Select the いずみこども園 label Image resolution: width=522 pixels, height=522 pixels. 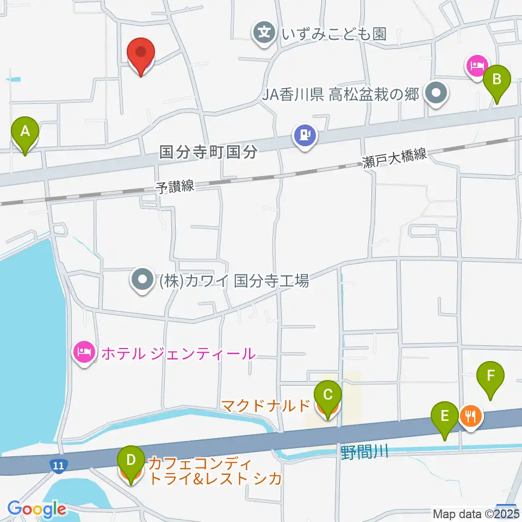[x=334, y=34]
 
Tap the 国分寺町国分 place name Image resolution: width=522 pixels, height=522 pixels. [x=208, y=152]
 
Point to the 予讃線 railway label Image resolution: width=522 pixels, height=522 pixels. [x=175, y=187]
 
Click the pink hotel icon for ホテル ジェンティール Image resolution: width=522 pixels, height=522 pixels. [x=83, y=353]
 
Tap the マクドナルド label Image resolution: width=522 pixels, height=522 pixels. [x=266, y=405]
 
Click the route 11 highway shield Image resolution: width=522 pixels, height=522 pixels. [x=58, y=465]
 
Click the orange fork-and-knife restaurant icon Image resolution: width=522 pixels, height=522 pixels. [x=469, y=417]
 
